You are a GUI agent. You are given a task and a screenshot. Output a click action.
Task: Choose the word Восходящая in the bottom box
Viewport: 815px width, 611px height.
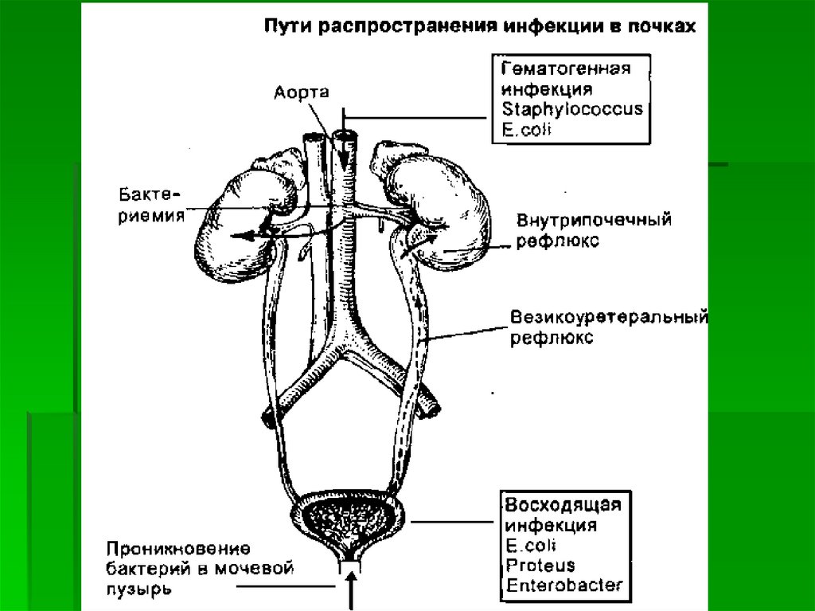563,505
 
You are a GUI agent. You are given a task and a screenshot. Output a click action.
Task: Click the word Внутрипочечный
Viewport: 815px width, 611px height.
594,220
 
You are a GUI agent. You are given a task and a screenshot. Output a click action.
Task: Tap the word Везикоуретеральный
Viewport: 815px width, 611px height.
609,319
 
